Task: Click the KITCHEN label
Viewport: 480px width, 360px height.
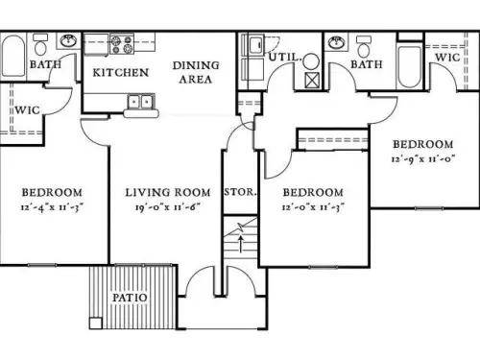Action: (x=120, y=73)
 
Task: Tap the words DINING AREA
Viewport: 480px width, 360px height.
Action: (x=195, y=73)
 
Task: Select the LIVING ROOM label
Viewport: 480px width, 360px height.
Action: (x=167, y=192)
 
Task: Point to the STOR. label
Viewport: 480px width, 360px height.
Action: (x=240, y=192)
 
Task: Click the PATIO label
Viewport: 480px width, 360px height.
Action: (x=128, y=298)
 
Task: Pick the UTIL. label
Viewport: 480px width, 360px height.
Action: (x=284, y=58)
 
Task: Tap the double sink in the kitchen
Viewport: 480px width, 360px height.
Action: (x=140, y=101)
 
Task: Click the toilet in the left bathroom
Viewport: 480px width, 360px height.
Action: (x=40, y=45)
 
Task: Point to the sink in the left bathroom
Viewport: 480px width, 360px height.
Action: (x=69, y=42)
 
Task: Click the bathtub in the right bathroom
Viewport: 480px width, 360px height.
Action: (x=409, y=65)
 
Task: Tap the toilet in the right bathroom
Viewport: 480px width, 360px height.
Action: (x=364, y=46)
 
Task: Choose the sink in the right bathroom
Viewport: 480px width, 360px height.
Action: (x=336, y=43)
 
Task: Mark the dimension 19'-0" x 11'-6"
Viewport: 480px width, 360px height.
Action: (x=167, y=206)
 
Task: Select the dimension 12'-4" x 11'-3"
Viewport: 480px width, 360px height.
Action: (x=52, y=206)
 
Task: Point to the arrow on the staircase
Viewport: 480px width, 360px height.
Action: (x=240, y=236)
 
